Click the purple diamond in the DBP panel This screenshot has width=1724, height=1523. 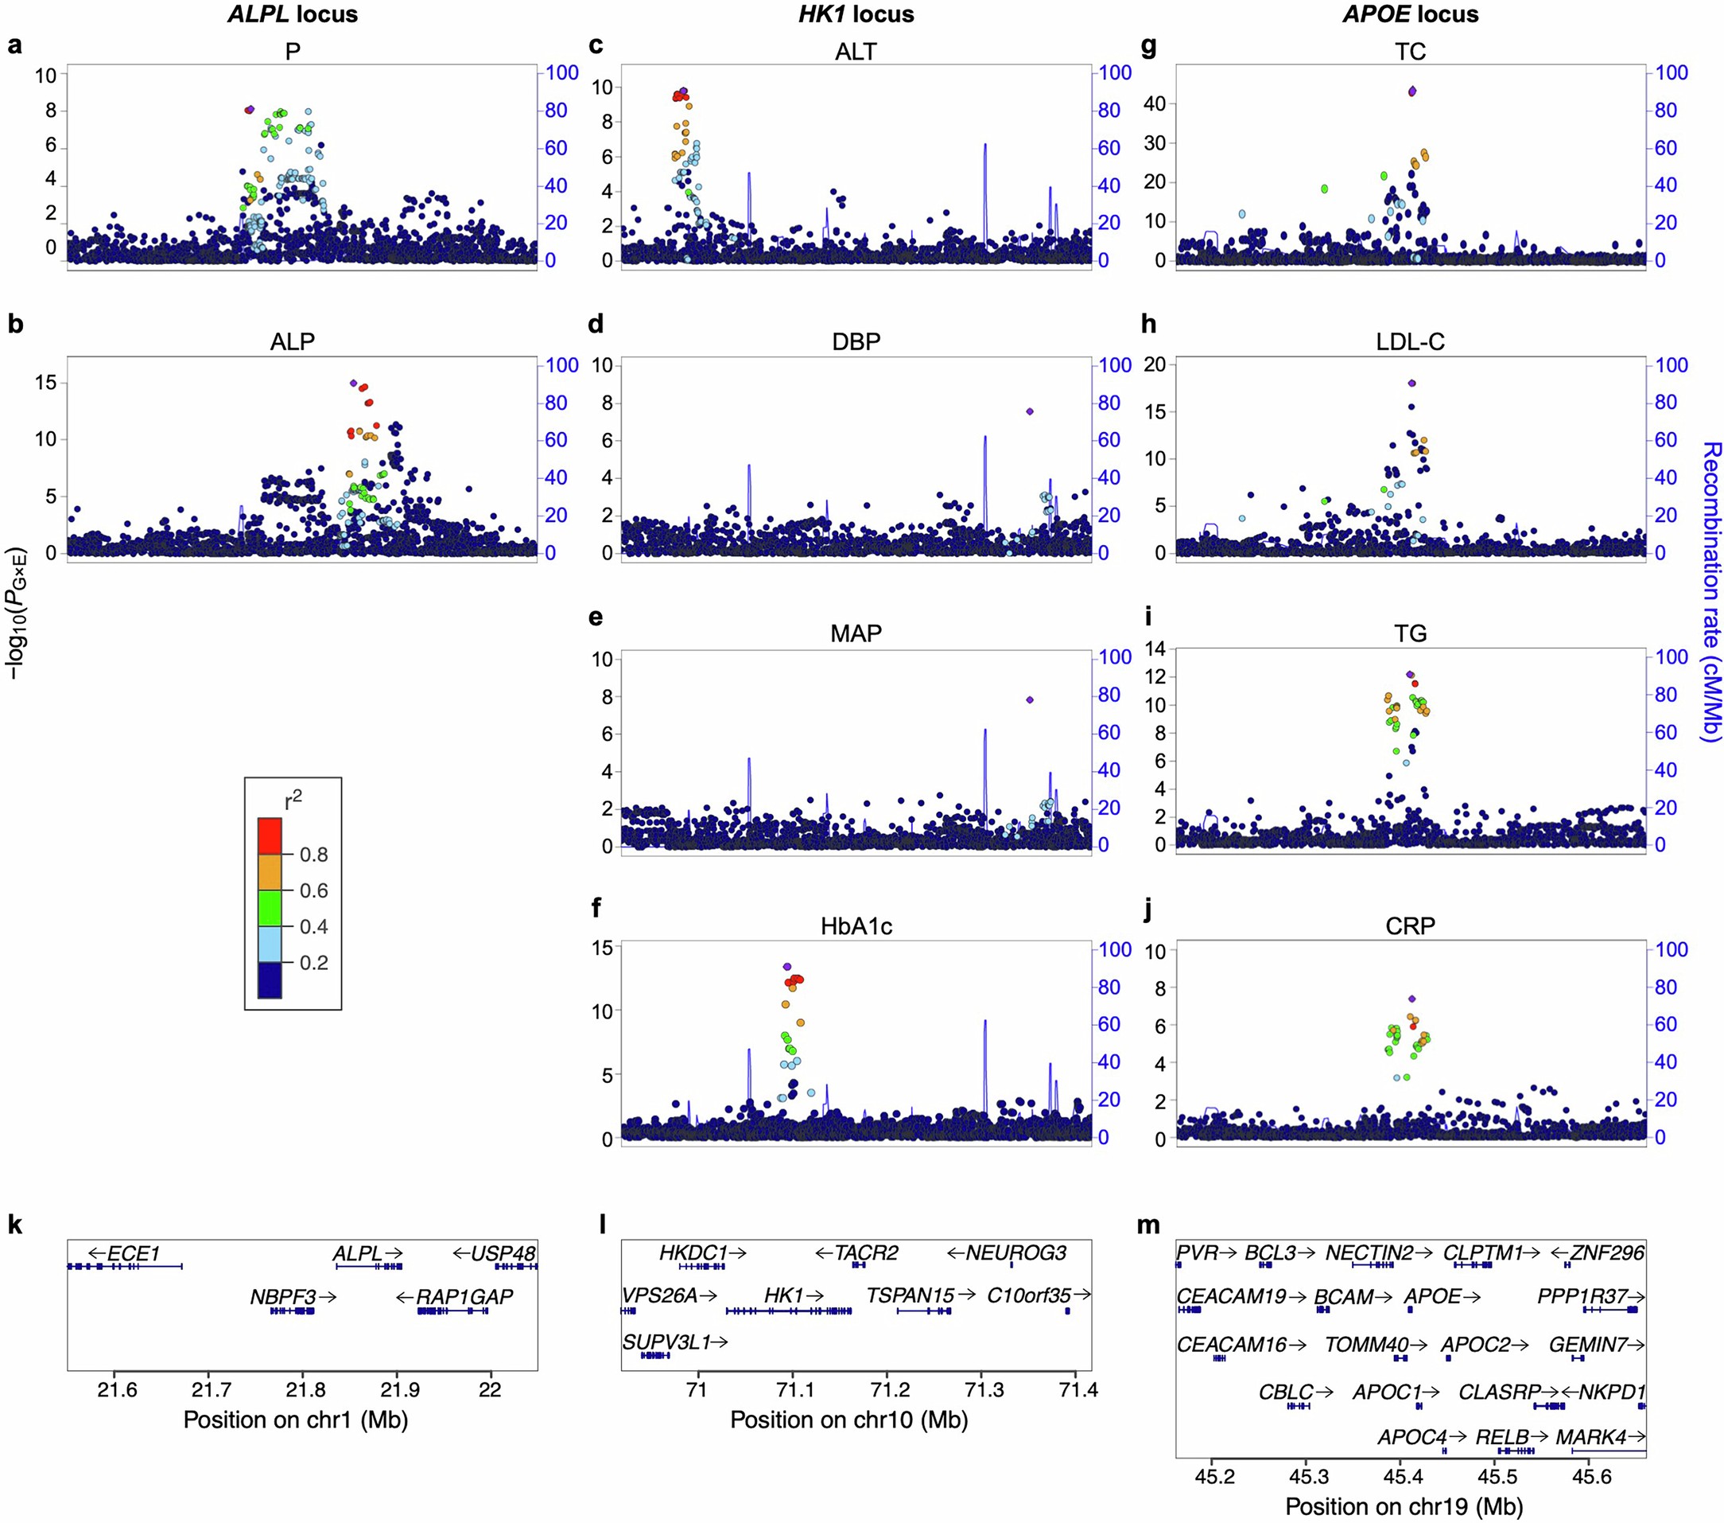pos(1029,411)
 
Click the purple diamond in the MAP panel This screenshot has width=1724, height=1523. pos(1029,699)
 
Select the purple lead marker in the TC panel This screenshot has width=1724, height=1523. pos(1412,92)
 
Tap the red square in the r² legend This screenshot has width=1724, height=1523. pos(270,836)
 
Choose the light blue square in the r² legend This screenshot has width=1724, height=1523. pos(270,945)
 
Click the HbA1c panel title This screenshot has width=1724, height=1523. pos(856,926)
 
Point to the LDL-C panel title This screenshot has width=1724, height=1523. pos(1409,341)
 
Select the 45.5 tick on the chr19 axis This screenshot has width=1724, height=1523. pos(1497,1477)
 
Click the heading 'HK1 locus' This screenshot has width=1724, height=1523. pos(856,14)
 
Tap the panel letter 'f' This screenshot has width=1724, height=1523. pos(596,908)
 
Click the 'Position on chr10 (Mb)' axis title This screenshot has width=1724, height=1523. pos(848,1420)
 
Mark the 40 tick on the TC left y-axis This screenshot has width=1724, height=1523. pos(1154,103)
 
